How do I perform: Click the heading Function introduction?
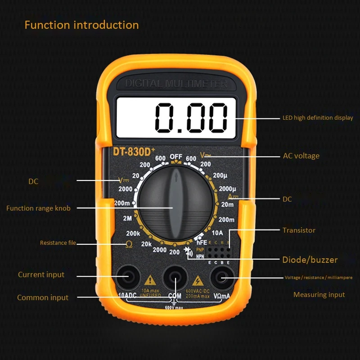(81, 25)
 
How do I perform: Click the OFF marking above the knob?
(176, 157)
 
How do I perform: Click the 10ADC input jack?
(128, 279)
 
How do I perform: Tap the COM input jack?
(175, 279)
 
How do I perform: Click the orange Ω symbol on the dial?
(129, 244)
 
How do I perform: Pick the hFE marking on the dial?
(201, 242)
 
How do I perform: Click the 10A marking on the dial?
(217, 233)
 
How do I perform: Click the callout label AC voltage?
(301, 156)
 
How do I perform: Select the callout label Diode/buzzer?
(310, 260)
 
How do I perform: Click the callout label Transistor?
(299, 230)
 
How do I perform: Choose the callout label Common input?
(43, 297)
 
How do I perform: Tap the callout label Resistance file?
(58, 243)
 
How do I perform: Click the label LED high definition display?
(318, 118)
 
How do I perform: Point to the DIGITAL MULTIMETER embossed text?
(176, 84)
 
